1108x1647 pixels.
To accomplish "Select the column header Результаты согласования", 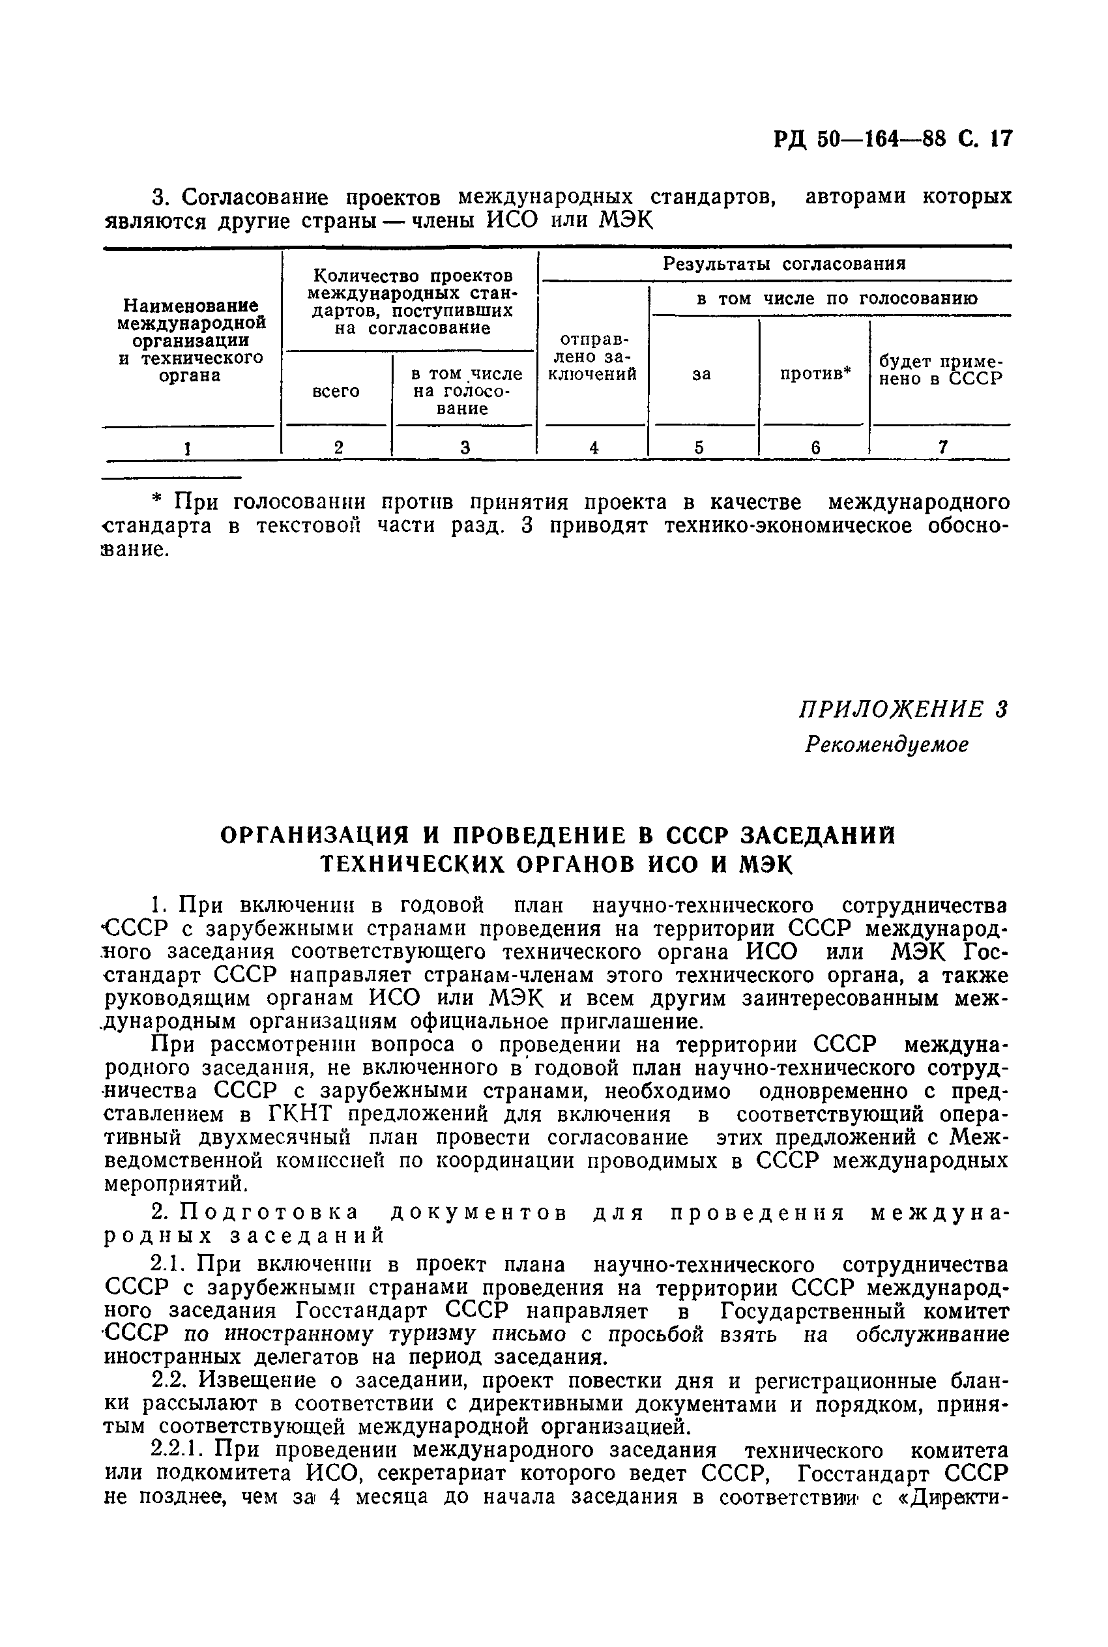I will coord(783,264).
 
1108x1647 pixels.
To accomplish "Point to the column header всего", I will coord(336,390).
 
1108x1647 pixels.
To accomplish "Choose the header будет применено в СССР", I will coord(940,370).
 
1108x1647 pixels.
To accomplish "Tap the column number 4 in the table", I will coord(594,447).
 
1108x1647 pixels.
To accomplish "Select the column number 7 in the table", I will coord(942,447).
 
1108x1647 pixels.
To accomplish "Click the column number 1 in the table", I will coord(187,447).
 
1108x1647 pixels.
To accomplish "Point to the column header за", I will coord(701,375).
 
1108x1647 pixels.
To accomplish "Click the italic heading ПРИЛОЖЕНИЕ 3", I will coord(903,709).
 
